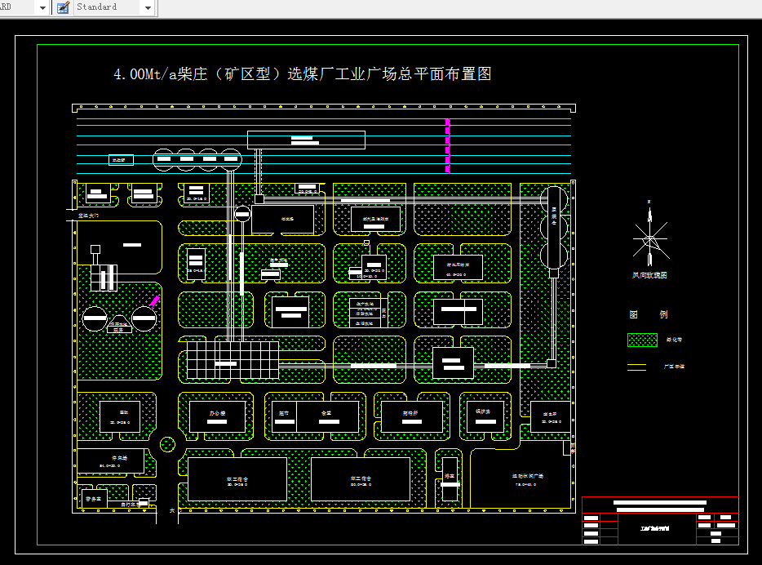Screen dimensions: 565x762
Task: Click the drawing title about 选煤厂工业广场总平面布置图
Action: coord(302,74)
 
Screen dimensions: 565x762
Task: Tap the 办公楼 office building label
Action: coord(216,414)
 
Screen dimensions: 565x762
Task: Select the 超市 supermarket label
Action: coord(284,414)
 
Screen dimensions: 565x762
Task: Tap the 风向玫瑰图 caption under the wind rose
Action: coord(650,276)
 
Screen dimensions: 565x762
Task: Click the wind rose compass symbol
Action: coord(650,237)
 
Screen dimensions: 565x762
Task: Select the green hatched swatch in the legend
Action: coord(642,340)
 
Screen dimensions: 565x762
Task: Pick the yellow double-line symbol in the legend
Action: coord(636,367)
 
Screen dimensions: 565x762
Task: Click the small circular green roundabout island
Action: coord(167,445)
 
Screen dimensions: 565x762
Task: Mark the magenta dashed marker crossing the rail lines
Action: coord(447,145)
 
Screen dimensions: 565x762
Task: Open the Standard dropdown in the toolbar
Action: coord(148,7)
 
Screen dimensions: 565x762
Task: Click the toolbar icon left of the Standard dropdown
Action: coord(63,7)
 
